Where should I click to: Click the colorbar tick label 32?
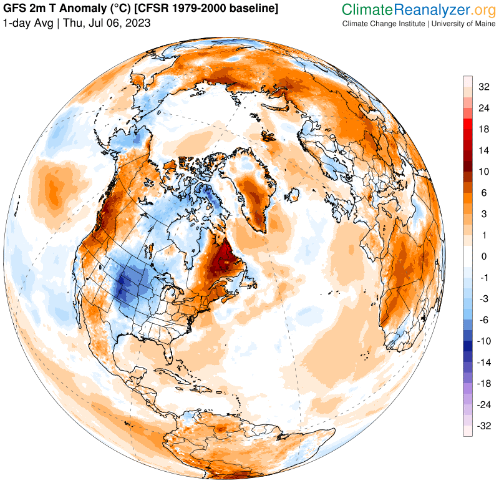484,87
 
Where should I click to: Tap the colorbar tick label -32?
484,426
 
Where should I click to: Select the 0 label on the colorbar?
483,256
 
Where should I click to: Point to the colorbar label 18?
484,129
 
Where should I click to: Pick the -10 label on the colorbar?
484,341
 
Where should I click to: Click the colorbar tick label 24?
484,108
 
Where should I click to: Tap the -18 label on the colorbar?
484,384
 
